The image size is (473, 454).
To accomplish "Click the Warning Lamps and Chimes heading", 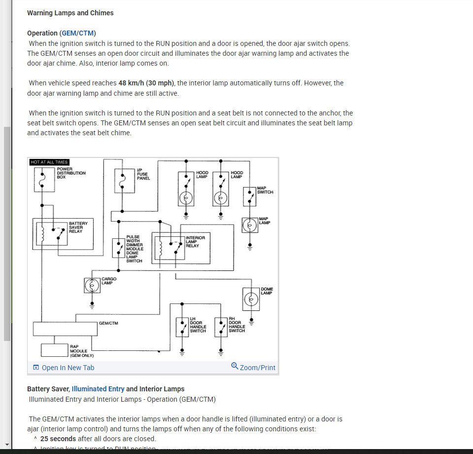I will pyautogui.click(x=70, y=13).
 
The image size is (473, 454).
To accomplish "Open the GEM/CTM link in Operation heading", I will pyautogui.click(x=78, y=33).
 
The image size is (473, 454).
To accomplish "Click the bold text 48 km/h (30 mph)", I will pyautogui.click(x=147, y=83).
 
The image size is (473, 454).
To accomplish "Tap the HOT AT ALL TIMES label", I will pyautogui.click(x=49, y=162).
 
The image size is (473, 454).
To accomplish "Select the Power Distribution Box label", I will pyautogui.click(x=71, y=173).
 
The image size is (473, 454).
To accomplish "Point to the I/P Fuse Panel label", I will pyautogui.click(x=143, y=174).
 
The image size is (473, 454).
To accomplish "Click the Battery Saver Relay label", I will pyautogui.click(x=78, y=227).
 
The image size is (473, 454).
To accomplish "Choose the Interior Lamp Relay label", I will pyautogui.click(x=195, y=241).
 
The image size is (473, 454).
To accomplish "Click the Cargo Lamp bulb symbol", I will pyautogui.click(x=91, y=285).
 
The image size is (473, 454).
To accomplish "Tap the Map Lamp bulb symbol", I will pyautogui.click(x=250, y=225).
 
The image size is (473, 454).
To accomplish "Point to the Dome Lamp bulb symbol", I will pyautogui.click(x=251, y=299).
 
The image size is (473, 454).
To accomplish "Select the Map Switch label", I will pyautogui.click(x=265, y=190).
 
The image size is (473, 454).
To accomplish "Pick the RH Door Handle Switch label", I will pyautogui.click(x=236, y=325).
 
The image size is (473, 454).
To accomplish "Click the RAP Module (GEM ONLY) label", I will pyautogui.click(x=81, y=351).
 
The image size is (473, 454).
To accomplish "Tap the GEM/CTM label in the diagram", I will pyautogui.click(x=108, y=323).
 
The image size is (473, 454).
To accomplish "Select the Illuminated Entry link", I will pyautogui.click(x=98, y=389).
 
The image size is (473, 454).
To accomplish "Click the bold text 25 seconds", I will pyautogui.click(x=58, y=439).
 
